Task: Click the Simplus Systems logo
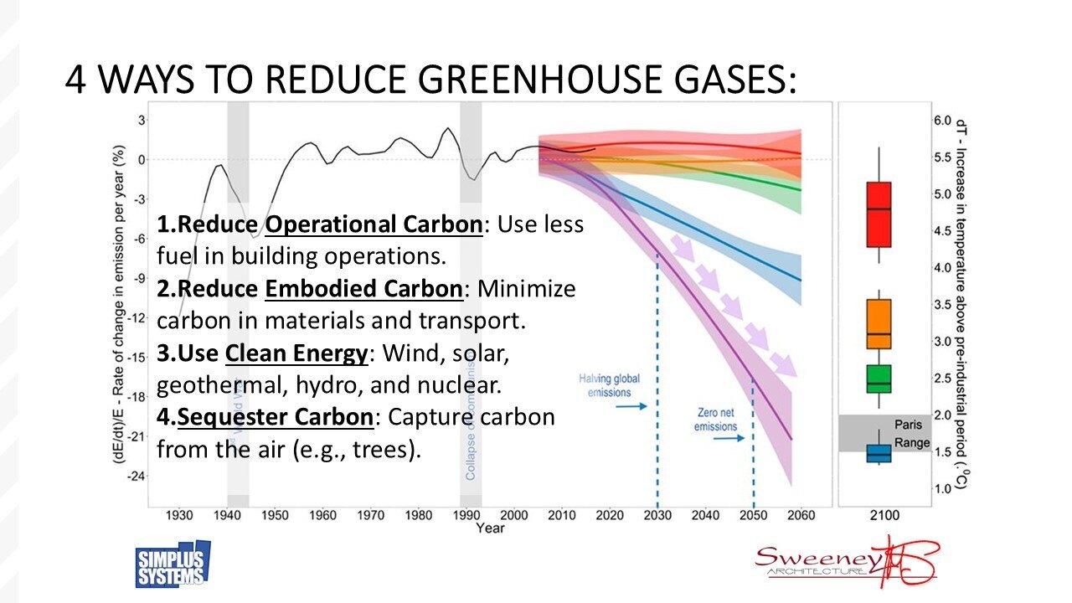173,565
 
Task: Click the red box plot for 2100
879,214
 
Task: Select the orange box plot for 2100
879,324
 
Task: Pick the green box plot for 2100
879,379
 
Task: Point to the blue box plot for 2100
879,453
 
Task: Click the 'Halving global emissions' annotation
609,386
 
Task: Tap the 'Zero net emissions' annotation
715,420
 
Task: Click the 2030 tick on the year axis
657,515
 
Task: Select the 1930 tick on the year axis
179,515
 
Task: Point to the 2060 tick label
801,515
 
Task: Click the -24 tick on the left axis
134,476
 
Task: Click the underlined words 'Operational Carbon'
374,225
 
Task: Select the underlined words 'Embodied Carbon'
363,289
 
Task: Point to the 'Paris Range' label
907,434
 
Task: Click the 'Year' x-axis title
490,528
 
